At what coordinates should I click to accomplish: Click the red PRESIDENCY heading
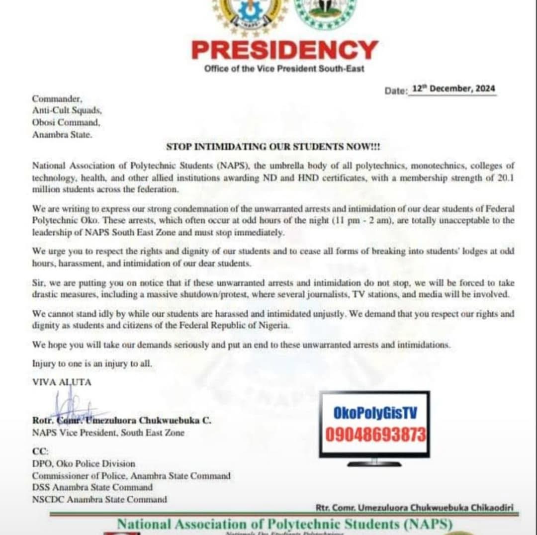coord(284,50)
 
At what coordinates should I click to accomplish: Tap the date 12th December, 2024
coord(452,89)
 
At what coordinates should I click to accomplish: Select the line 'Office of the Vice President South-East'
coord(284,69)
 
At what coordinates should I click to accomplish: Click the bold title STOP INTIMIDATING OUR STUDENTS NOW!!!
coord(273,147)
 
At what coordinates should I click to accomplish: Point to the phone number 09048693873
coord(375,435)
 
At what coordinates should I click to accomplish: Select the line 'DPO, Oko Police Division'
coord(84,464)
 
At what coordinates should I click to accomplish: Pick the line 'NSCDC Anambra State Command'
coord(99,499)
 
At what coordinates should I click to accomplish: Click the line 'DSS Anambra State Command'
coord(92,487)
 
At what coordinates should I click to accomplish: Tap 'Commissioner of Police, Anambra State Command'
coord(131,476)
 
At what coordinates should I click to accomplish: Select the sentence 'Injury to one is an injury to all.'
coord(92,363)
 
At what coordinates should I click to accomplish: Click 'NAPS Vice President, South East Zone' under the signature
coord(108,433)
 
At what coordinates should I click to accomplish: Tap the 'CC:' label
coord(40,452)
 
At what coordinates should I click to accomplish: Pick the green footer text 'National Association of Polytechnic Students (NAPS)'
coord(284,524)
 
